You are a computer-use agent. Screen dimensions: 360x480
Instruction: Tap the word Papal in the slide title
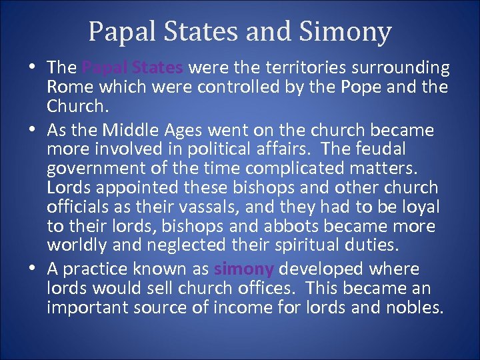117,31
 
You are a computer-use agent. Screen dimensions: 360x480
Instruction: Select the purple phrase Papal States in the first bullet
133,67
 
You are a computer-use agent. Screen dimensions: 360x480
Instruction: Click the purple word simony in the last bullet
244,269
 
